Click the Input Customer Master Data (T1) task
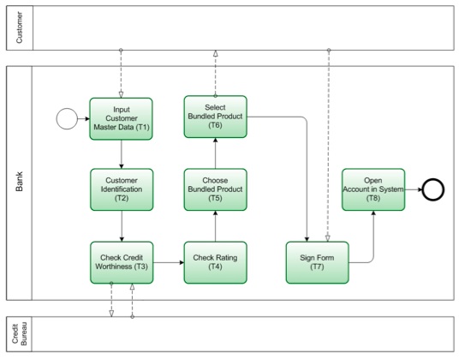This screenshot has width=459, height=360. (121, 118)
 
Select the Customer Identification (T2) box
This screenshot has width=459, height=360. (121, 189)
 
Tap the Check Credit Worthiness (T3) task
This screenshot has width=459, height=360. (121, 261)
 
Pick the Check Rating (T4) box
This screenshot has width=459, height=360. (215, 261)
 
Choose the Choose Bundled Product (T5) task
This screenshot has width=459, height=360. (215, 189)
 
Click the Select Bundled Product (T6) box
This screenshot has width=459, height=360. (215, 117)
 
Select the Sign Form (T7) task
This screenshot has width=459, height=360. (318, 261)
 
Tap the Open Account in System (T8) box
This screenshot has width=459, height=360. (373, 189)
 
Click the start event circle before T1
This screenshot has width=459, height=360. (68, 118)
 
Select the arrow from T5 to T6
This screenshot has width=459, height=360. (215, 153)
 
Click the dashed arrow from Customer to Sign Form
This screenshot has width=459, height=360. (328, 146)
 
